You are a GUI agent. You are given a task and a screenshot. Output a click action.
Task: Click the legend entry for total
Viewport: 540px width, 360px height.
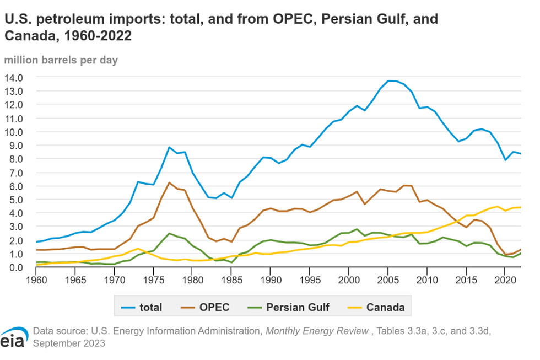click(142, 307)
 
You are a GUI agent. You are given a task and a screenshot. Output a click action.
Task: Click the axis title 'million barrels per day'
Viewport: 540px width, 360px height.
click(61, 60)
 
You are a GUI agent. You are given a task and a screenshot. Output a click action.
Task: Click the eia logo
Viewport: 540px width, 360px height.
click(13, 339)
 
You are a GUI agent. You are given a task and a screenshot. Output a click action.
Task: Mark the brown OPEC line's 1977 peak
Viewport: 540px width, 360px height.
click(169, 182)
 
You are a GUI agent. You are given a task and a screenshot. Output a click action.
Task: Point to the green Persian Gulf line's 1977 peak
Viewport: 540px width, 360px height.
click(169, 233)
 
